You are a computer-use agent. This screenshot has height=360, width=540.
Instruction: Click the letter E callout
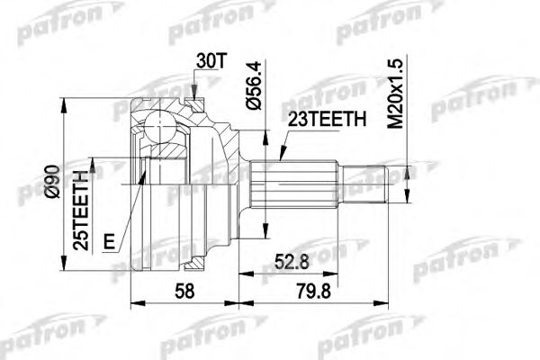(x=109, y=240)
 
